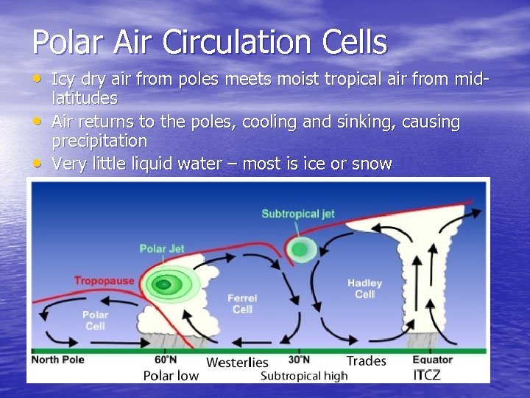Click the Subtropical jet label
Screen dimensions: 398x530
click(298, 214)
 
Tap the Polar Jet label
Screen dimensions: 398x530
click(162, 249)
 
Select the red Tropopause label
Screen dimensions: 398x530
click(104, 281)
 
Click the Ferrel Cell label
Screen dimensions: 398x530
click(242, 304)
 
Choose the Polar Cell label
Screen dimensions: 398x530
click(95, 320)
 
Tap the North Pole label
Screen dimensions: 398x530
click(57, 360)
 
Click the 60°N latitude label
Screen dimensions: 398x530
click(166, 360)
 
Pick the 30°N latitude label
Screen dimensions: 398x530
click(298, 360)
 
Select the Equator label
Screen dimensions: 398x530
click(432, 360)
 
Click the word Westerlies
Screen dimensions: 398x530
click(237, 363)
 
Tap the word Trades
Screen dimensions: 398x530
click(366, 360)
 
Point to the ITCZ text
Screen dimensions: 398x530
click(427, 375)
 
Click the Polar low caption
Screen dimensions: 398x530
click(171, 376)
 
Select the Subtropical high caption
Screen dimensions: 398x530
click(304, 376)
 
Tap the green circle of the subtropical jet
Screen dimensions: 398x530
click(299, 249)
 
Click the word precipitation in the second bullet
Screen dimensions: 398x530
click(99, 141)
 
